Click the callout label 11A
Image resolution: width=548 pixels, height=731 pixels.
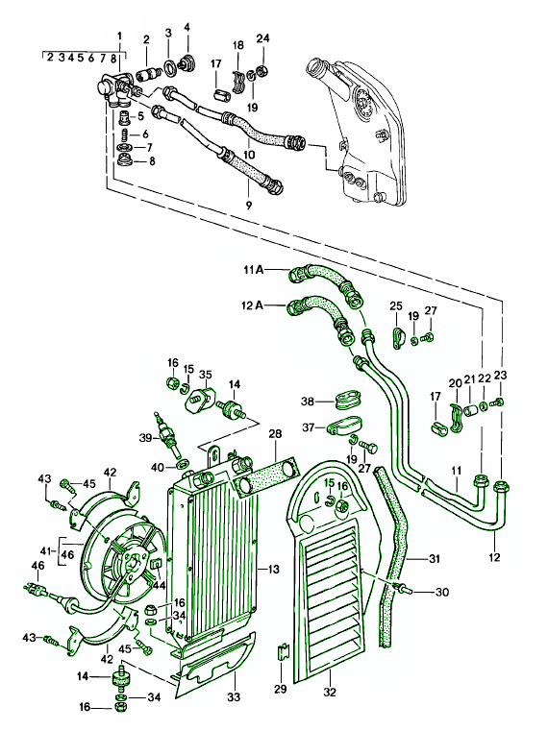[253, 270]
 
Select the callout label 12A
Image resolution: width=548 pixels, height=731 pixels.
[253, 305]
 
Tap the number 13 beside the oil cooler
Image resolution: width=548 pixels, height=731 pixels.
[274, 569]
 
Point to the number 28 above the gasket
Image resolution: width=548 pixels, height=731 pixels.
[275, 433]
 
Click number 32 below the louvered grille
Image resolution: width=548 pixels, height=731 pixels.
[330, 692]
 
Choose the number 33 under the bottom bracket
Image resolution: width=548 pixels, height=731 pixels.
[234, 696]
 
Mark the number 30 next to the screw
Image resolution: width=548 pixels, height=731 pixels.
[441, 592]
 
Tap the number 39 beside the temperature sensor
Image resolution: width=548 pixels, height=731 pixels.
[145, 437]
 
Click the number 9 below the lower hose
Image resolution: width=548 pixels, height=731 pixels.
[249, 205]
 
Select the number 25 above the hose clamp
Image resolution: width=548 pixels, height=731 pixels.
[396, 305]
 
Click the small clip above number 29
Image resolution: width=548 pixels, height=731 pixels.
[283, 650]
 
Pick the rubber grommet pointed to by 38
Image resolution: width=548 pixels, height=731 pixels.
[348, 401]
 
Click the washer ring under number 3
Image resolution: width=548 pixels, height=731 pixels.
[169, 66]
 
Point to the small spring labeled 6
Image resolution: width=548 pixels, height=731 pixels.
[125, 134]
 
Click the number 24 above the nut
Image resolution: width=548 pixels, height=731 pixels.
[262, 38]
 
